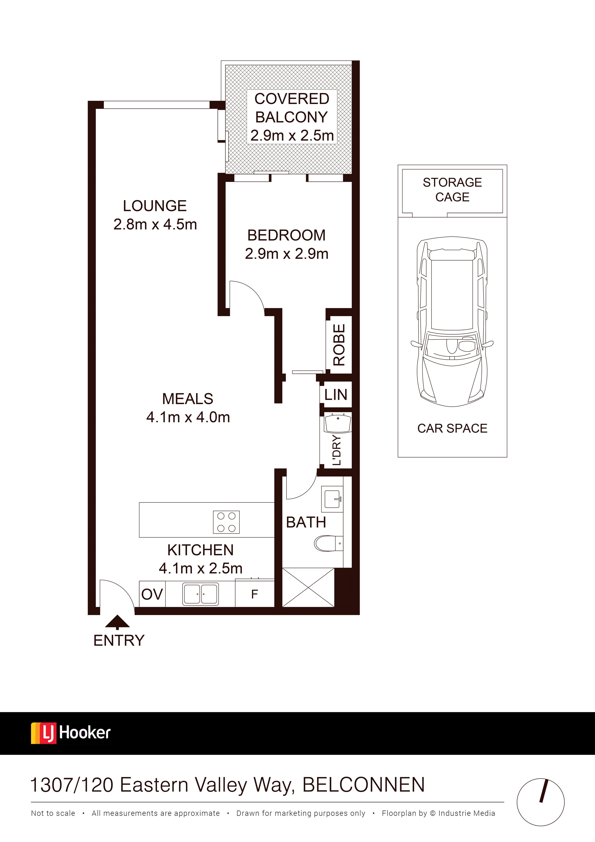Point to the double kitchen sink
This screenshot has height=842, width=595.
[x=201, y=594]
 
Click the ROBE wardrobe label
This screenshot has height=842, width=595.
[x=339, y=345]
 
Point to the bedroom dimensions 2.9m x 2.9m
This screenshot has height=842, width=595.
[x=286, y=254]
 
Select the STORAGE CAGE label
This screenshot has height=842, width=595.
[x=452, y=190]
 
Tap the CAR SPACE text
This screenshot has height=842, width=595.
[x=452, y=428]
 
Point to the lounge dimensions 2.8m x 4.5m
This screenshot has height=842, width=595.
[x=155, y=224]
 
